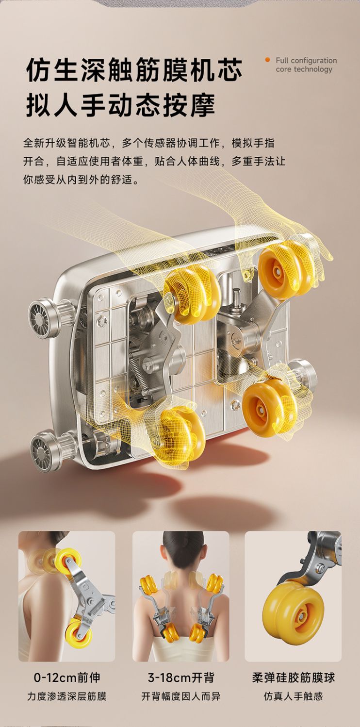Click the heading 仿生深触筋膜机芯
pyautogui.click(x=134, y=70)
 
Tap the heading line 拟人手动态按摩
pyautogui.click(x=121, y=105)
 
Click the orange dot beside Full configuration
pyautogui.click(x=267, y=60)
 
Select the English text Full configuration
pyautogui.click(x=306, y=60)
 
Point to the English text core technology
pyautogui.click(x=304, y=69)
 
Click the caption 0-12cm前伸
pyautogui.click(x=67, y=677)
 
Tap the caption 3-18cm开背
pyautogui.click(x=181, y=677)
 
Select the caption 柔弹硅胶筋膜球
pyautogui.click(x=293, y=677)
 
